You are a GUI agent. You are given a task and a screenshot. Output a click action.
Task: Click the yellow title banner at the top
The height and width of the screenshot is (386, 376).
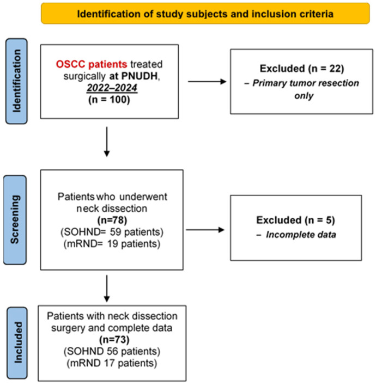(205, 14)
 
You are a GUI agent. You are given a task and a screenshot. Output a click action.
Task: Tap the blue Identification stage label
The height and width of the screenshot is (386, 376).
(16, 81)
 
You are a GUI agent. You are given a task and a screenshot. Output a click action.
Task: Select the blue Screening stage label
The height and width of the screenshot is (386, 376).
(15, 220)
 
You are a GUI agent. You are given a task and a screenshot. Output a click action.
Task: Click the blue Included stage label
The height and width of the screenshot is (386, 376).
(17, 342)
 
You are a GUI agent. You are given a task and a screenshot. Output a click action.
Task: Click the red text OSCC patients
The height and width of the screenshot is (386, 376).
(92, 64)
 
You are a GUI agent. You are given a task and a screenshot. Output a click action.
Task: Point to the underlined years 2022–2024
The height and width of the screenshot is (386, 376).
(112, 88)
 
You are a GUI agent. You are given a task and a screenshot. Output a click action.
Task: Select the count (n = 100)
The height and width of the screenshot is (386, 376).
(109, 100)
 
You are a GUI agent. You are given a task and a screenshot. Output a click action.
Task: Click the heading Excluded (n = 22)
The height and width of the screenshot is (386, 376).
(302, 69)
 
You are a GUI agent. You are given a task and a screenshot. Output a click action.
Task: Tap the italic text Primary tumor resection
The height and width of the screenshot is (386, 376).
(306, 83)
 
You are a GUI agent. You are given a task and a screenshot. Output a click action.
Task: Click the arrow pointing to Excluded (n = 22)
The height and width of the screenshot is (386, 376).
(207, 82)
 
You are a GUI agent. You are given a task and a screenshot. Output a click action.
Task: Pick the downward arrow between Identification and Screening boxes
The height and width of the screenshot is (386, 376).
(107, 142)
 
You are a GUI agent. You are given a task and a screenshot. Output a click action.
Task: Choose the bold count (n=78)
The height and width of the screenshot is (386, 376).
(112, 220)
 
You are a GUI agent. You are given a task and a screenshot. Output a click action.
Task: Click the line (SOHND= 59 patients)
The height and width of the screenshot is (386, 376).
(112, 232)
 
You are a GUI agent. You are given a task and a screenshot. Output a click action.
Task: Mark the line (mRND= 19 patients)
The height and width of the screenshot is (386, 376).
(112, 244)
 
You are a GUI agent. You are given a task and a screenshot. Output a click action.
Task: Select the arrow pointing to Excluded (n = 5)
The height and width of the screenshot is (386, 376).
(205, 230)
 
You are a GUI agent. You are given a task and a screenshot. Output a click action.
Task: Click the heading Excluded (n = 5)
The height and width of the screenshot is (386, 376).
(296, 220)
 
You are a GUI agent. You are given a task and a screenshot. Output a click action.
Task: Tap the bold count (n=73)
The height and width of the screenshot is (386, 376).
(114, 340)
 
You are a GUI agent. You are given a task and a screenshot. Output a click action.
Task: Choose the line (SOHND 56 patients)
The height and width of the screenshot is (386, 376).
(112, 351)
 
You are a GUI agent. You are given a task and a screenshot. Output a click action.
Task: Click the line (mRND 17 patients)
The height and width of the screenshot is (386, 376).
(112, 363)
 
